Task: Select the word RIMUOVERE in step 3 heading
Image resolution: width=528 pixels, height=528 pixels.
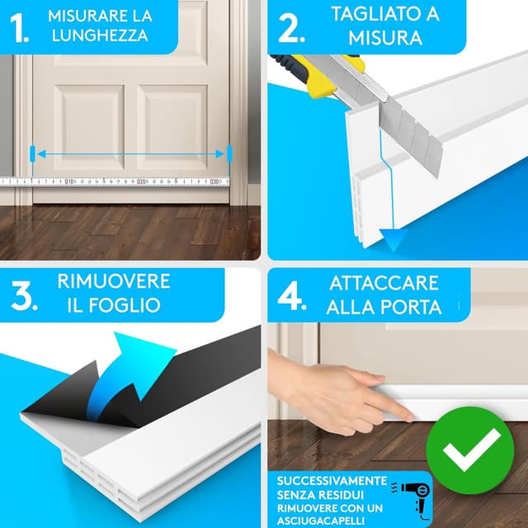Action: [113, 281]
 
